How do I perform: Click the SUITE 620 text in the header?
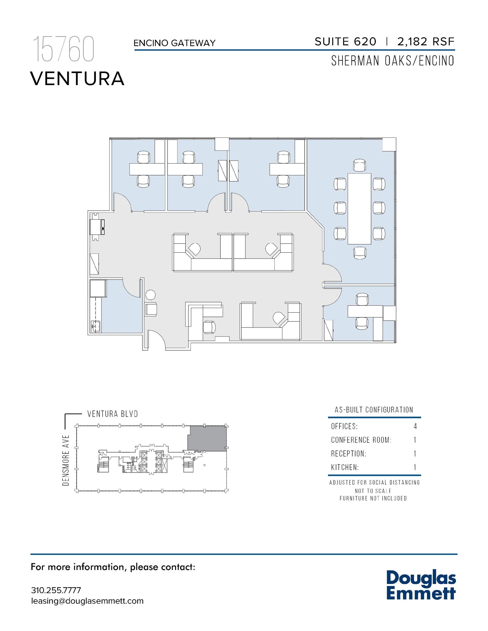click(345, 42)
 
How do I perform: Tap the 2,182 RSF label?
click(426, 42)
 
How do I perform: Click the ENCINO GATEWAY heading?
click(174, 43)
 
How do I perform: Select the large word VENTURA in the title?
click(77, 79)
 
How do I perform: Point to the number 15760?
click(63, 49)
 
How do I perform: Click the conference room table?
click(359, 209)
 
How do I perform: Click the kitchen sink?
click(96, 326)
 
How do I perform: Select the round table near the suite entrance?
click(150, 295)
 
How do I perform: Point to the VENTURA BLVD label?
click(113, 414)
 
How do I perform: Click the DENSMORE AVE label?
click(66, 460)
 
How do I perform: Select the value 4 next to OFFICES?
click(415, 426)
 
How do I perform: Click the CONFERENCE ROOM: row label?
click(361, 440)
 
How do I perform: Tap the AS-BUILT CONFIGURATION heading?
click(374, 410)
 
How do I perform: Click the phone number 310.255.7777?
click(56, 590)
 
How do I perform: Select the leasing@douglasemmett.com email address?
click(87, 601)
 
